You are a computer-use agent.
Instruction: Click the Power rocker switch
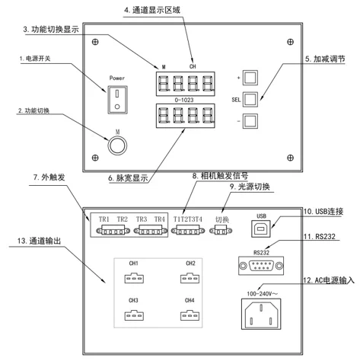pyautogui.click(x=117, y=100)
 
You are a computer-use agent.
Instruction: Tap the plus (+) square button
pyautogui.click(x=250, y=78)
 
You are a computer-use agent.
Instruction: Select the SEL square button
pyautogui.click(x=250, y=99)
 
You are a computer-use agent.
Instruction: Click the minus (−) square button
pyautogui.click(x=250, y=121)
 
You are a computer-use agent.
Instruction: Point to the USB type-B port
pyautogui.click(x=261, y=228)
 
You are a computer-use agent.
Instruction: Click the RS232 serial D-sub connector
pyautogui.click(x=261, y=266)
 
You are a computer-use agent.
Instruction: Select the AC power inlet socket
pyautogui.click(x=261, y=314)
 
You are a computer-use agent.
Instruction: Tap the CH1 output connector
pyautogui.click(x=134, y=278)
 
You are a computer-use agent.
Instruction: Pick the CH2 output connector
pyautogui.click(x=190, y=278)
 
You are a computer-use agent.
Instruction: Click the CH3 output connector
pyautogui.click(x=134, y=315)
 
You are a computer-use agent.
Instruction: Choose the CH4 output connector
pyautogui.click(x=190, y=315)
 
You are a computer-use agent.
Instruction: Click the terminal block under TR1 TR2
pyautogui.click(x=113, y=231)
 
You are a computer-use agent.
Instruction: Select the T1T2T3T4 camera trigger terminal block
pyautogui.click(x=188, y=231)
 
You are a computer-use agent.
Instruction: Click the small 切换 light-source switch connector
pyautogui.click(x=221, y=231)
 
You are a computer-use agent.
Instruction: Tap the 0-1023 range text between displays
pyautogui.click(x=184, y=100)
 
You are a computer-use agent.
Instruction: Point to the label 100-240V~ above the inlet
pyautogui.click(x=263, y=294)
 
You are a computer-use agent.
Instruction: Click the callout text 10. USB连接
pyautogui.click(x=323, y=212)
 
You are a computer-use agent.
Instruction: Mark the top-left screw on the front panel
pyautogui.click(x=95, y=42)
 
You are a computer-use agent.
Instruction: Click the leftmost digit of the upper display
pyautogui.click(x=163, y=84)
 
